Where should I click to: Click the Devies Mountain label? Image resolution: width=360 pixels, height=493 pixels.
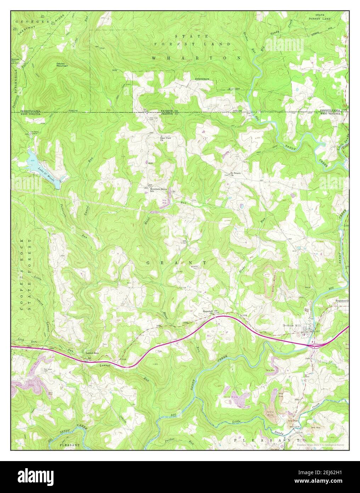[62, 64]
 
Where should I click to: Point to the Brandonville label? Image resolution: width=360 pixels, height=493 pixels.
[342, 301]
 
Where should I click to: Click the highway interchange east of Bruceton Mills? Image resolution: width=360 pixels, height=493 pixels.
[314, 344]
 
